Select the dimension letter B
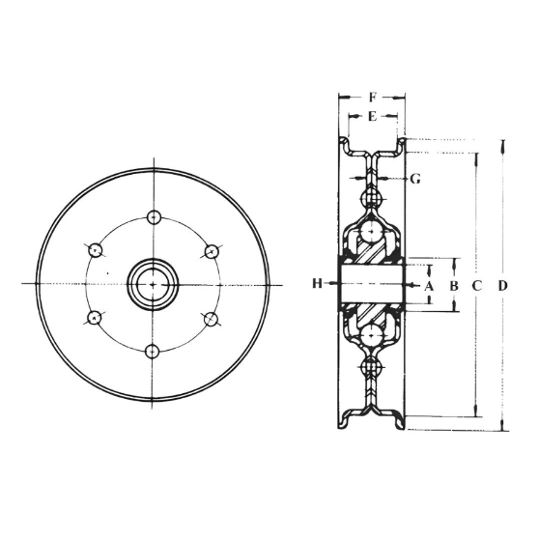[x=453, y=285]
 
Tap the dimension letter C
[x=476, y=285]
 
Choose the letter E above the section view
[x=372, y=116]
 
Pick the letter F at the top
[x=372, y=98]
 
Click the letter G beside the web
[x=415, y=179]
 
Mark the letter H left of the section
[x=316, y=283]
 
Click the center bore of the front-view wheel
[x=152, y=283]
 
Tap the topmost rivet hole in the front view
[x=152, y=215]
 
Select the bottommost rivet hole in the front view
[x=152, y=351]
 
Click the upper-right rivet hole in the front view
[x=212, y=250]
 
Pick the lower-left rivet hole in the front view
[x=94, y=317]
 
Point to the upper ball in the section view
[x=372, y=233]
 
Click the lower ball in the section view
[x=372, y=335]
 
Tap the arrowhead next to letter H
[x=331, y=283]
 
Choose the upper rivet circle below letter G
[x=372, y=198]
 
